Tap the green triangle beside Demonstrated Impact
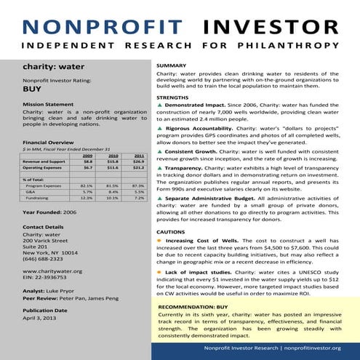tap(159, 105)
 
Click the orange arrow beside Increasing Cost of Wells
tap(159, 239)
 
